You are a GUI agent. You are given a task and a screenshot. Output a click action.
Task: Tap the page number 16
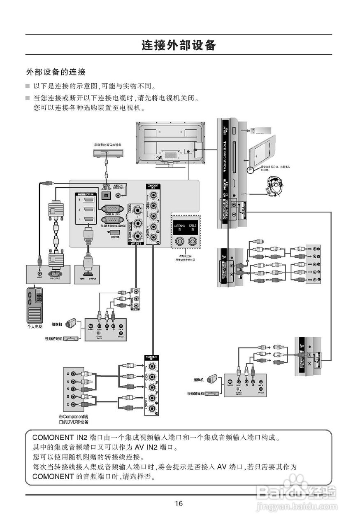(x=179, y=503)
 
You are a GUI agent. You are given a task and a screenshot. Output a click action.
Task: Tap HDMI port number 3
(x=88, y=200)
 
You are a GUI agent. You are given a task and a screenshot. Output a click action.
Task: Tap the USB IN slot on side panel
(x=234, y=131)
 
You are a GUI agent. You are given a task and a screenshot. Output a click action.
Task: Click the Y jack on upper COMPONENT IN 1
(x=153, y=196)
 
